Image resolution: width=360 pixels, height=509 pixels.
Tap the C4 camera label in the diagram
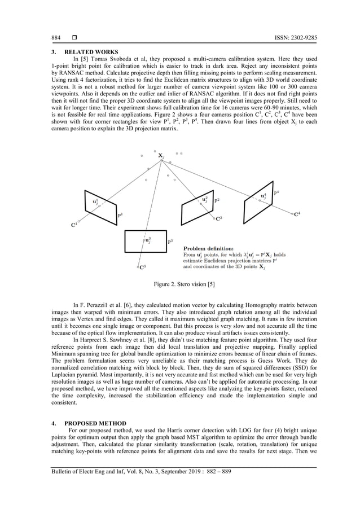point(297,214)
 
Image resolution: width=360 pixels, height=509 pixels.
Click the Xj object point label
point(161,155)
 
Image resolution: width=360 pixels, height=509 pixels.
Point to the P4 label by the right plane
point(276,193)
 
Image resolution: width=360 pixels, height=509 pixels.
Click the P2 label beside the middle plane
point(217,200)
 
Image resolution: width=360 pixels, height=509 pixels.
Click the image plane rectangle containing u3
point(145,242)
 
